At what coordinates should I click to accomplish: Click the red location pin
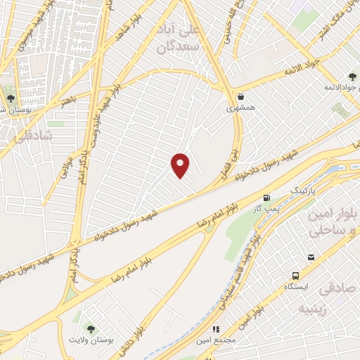point(181,165)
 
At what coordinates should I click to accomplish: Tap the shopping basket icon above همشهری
point(241,96)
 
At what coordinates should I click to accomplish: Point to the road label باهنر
point(68,102)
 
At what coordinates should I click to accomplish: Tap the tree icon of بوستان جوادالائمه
point(351,77)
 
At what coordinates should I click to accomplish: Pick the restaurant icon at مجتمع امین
point(216,328)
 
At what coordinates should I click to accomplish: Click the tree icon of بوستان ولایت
point(90,327)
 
